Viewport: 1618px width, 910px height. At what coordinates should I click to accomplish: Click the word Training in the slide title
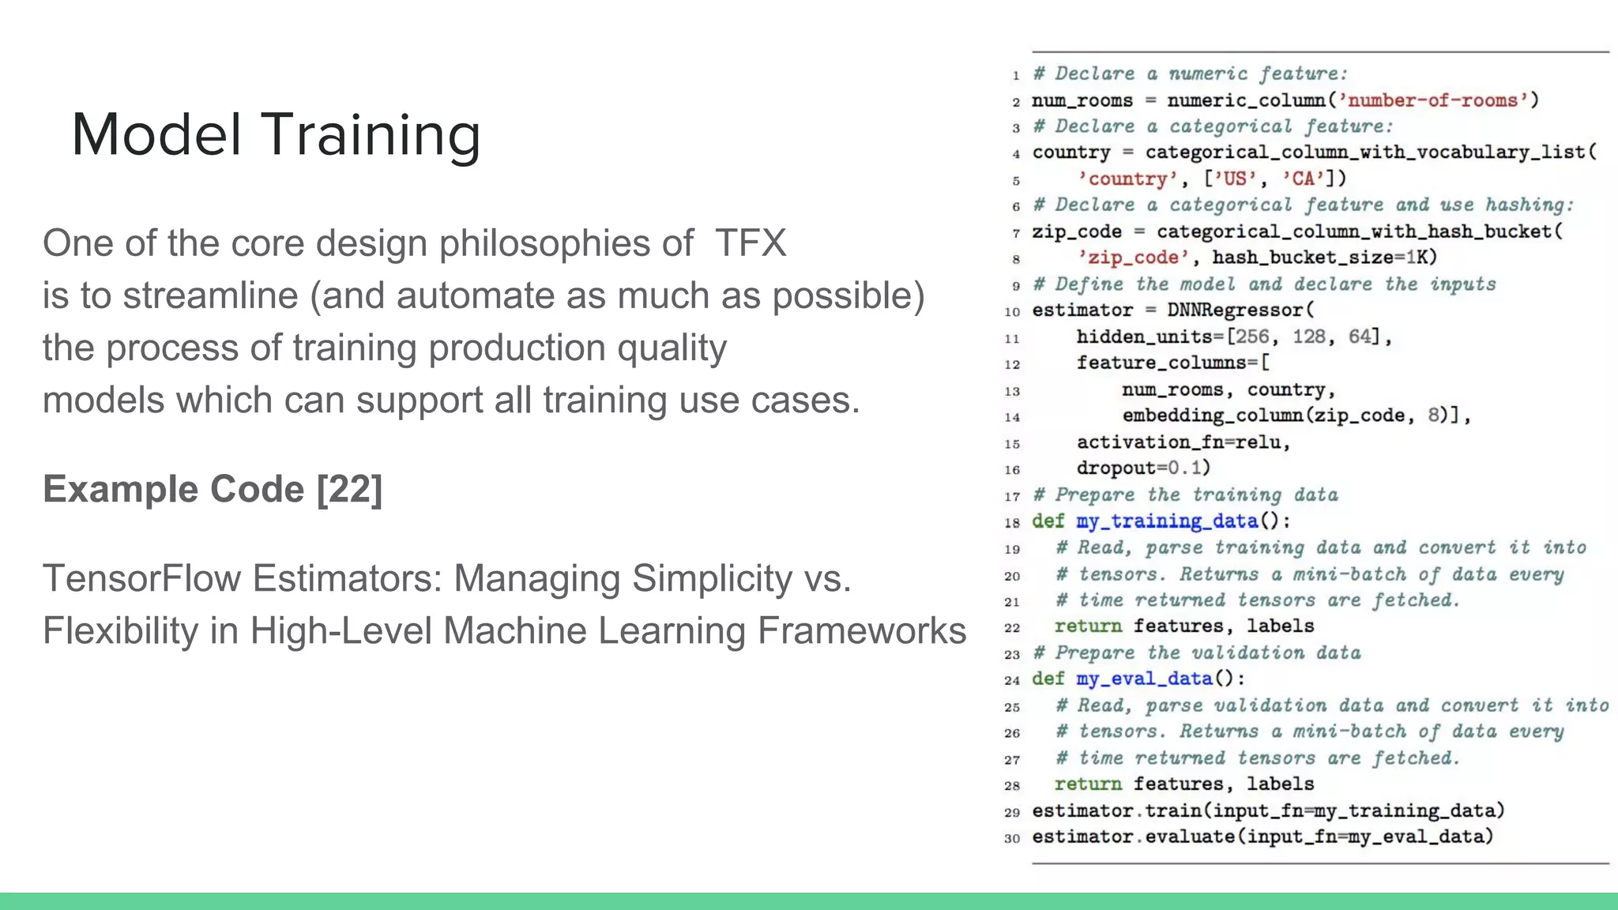coord(371,135)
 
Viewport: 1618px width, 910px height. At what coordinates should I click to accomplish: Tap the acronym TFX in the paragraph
coord(751,243)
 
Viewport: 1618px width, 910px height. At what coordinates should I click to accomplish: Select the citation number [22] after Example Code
coord(349,489)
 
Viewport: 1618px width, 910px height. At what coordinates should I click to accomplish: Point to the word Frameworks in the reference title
coord(862,630)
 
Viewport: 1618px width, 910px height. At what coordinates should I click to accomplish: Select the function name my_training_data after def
coord(1167,521)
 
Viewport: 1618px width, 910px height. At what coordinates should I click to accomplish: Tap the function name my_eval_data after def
coord(1144,679)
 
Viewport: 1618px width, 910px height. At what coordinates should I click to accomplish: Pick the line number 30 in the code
coord(1012,838)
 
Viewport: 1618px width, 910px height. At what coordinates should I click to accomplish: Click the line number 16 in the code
coord(1012,470)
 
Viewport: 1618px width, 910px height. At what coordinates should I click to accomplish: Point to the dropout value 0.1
coord(1185,468)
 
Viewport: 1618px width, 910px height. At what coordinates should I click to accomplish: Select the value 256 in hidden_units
coord(1252,337)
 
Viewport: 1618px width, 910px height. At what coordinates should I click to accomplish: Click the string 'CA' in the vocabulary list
coord(1303,179)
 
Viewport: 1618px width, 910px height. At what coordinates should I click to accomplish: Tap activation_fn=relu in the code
coord(1183,442)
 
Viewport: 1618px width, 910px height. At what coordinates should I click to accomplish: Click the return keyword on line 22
coord(1088,626)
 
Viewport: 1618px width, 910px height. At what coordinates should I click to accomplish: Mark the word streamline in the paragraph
coord(210,296)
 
